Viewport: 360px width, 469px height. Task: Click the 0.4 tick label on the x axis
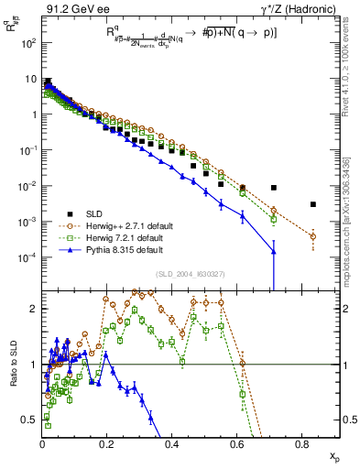[x=172, y=446]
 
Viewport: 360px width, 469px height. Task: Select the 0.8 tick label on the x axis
[x=301, y=446]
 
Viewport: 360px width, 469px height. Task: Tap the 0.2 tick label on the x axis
[x=107, y=446]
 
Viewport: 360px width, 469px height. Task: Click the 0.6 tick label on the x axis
[x=237, y=446]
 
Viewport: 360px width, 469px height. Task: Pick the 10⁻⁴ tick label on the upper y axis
[x=27, y=257]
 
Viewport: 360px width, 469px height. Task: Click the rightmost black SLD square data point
[x=313, y=204]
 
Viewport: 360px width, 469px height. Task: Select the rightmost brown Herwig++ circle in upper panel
[x=313, y=236]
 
